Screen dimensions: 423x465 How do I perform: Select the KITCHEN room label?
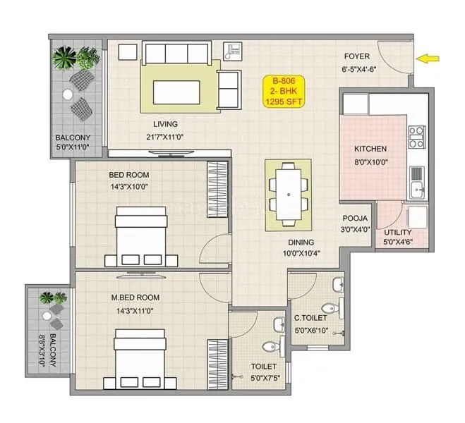tap(370, 149)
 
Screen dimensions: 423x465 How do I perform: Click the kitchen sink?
tap(416, 187)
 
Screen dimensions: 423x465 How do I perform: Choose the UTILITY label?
tap(398, 232)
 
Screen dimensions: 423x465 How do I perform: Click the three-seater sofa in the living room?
tap(176, 53)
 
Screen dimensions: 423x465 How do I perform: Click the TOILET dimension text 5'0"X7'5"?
tap(263, 377)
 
